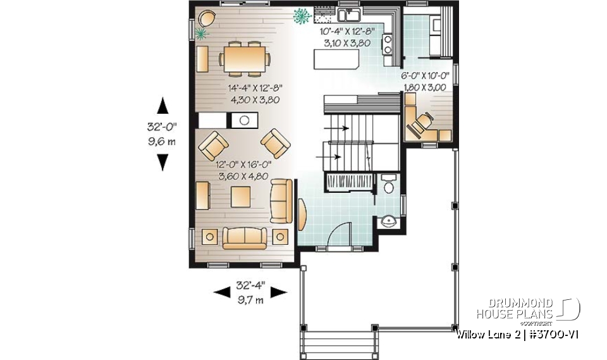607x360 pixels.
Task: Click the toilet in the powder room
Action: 388,185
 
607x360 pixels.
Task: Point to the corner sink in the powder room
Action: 389,222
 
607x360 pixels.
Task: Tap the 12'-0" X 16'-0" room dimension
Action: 243,164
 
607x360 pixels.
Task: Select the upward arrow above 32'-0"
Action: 162,104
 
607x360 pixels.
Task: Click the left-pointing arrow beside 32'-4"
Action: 221,292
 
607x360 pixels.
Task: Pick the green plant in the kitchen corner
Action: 300,15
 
